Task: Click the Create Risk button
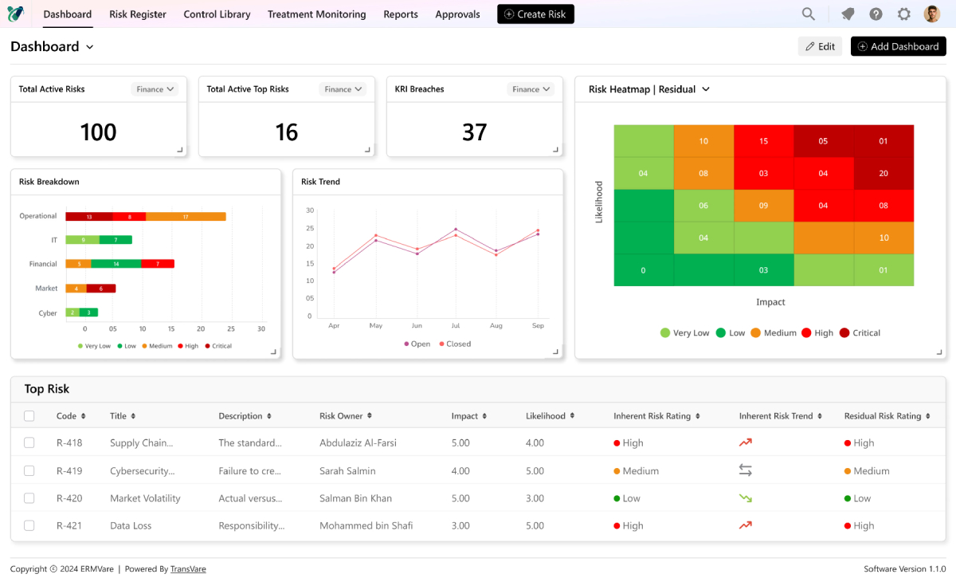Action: point(535,14)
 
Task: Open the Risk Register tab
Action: point(138,14)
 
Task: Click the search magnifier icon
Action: point(808,14)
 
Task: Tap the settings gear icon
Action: point(903,14)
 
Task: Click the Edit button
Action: point(820,46)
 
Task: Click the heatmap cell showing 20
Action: point(884,173)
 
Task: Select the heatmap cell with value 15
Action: point(763,141)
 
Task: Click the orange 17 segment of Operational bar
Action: point(186,216)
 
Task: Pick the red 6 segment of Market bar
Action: point(100,289)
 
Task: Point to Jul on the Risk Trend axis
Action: point(456,326)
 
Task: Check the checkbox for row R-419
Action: point(29,471)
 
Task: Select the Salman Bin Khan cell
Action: point(355,498)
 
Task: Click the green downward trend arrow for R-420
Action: point(745,498)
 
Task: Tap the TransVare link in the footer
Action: point(188,569)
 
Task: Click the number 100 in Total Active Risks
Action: point(98,132)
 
